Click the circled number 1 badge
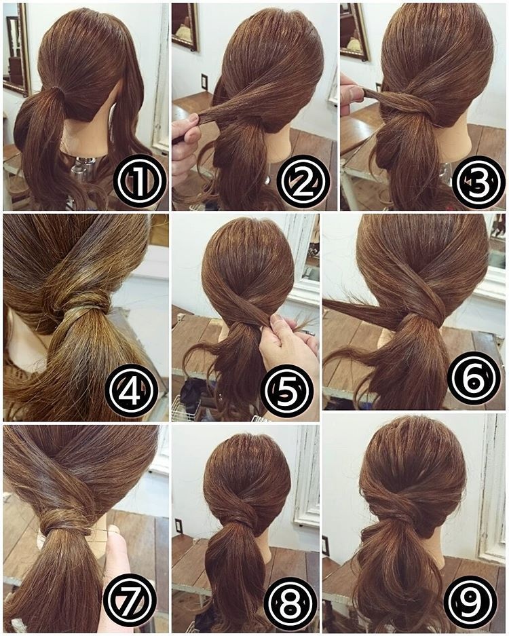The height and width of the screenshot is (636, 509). click(140, 182)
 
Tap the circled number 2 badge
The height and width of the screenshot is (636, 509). click(303, 182)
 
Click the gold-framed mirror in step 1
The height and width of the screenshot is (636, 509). click(17, 49)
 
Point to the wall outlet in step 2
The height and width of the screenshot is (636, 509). click(204, 82)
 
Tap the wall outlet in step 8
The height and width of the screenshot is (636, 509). click(178, 526)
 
